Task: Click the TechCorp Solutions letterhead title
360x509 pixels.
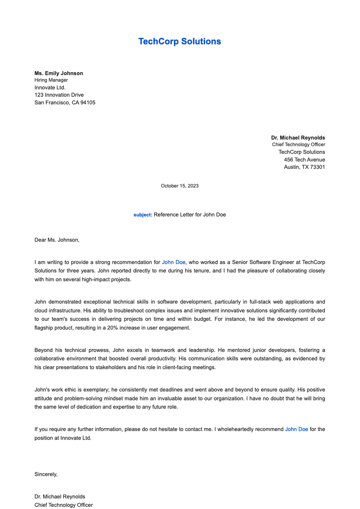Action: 179,41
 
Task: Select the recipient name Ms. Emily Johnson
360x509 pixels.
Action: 59,73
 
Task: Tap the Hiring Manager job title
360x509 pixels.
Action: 51,80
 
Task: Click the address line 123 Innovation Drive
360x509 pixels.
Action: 59,95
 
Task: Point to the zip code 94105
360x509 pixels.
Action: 88,103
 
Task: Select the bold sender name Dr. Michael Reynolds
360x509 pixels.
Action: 298,138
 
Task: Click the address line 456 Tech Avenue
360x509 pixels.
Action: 304,160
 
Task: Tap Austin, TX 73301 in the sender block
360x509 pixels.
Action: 304,167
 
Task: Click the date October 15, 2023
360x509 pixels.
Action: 179,186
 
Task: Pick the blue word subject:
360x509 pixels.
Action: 143,215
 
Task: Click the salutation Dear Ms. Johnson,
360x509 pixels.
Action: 57,240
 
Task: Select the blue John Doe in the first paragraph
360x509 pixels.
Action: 173,262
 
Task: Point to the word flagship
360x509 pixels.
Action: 44,328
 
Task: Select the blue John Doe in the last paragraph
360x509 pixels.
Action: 296,429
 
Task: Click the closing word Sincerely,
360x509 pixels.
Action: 46,474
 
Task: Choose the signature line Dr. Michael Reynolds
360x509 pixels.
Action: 60,496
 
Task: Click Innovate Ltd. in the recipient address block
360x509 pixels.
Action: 50,88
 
